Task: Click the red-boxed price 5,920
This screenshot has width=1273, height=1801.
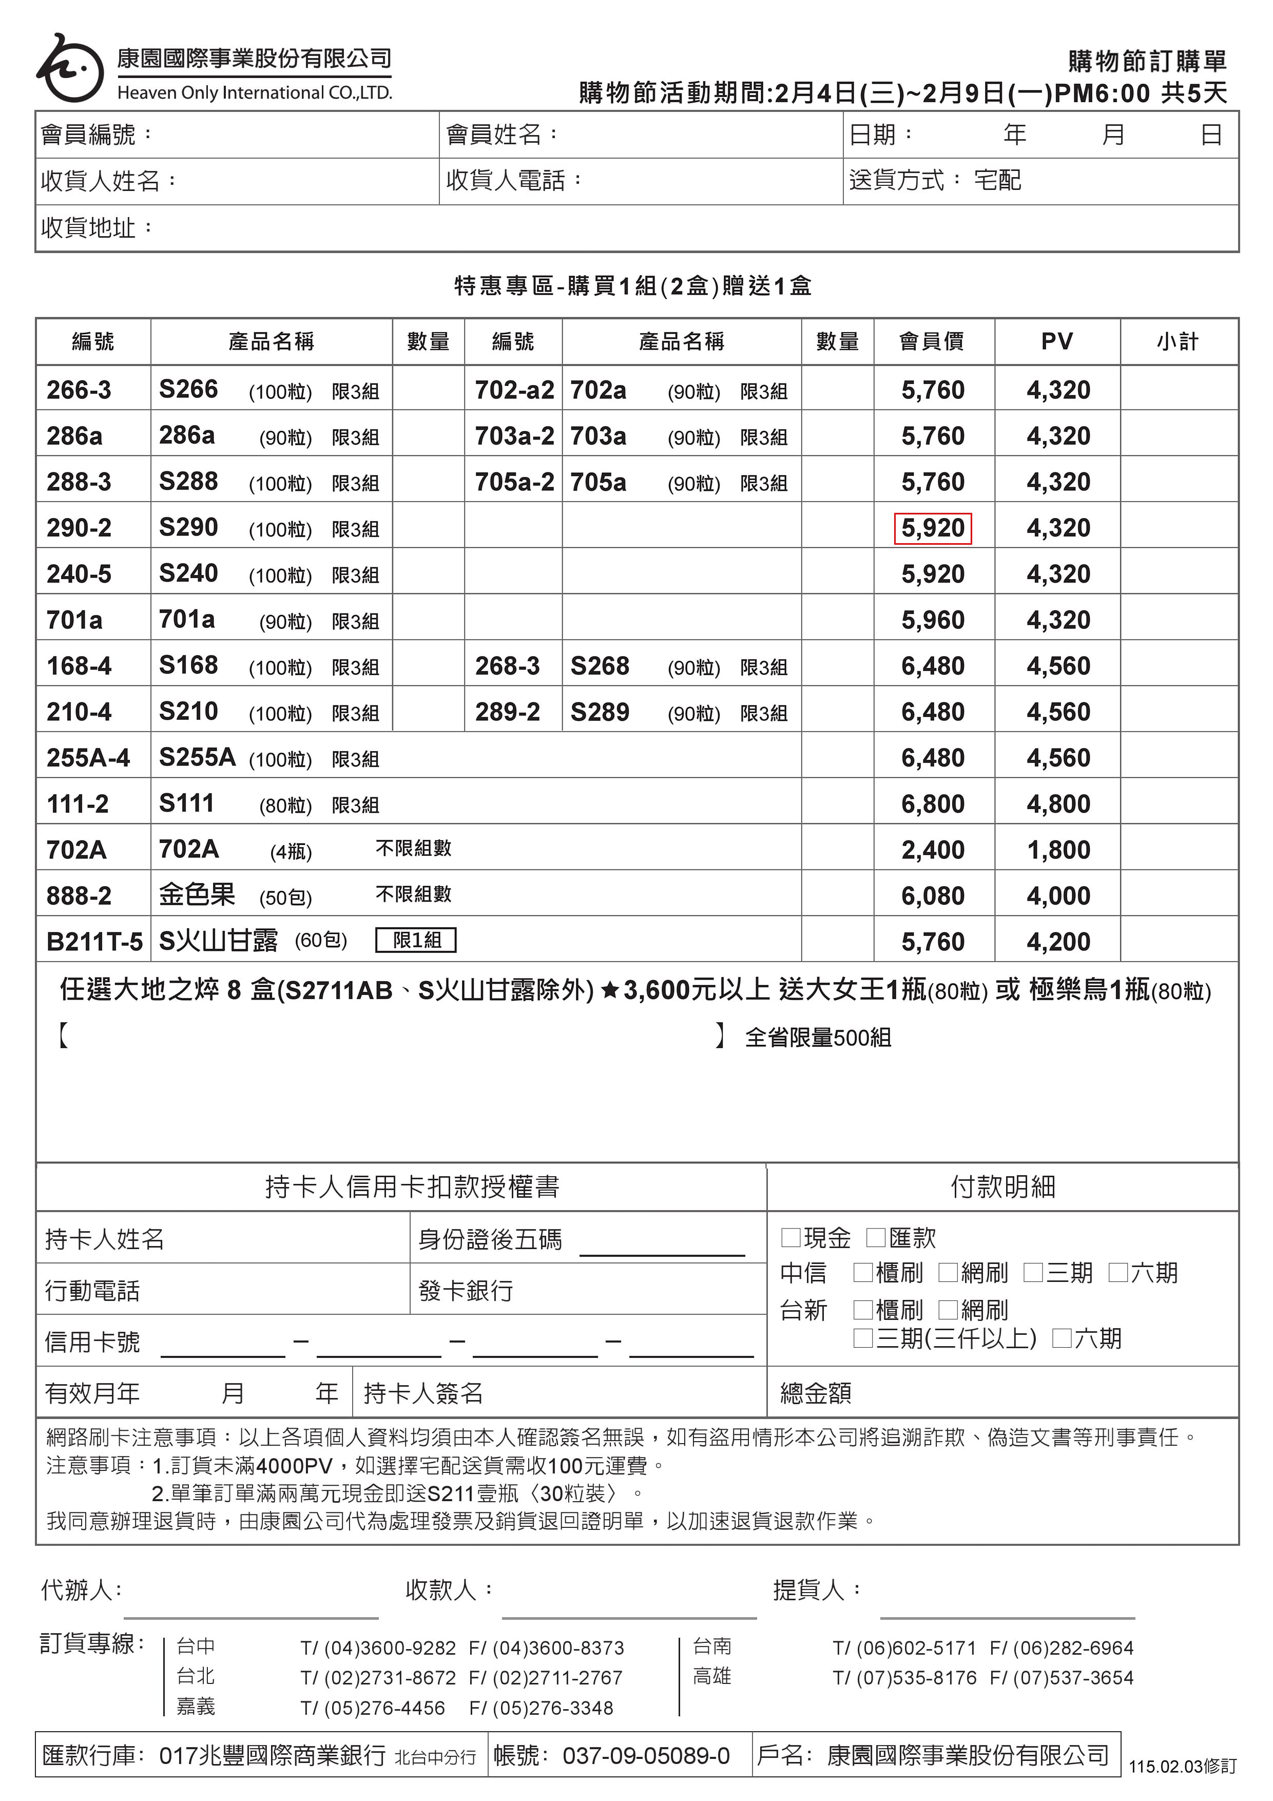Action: point(933,528)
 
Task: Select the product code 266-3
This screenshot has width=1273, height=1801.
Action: point(79,390)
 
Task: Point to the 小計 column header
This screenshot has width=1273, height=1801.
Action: point(1178,341)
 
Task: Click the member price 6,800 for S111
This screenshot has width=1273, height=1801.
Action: point(933,804)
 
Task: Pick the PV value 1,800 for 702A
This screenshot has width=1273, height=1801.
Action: point(1058,850)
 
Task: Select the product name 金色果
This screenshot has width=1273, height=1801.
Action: point(197,895)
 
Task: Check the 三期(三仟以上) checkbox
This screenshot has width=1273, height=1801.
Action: point(863,1338)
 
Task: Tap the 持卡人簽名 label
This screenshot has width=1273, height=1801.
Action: point(423,1393)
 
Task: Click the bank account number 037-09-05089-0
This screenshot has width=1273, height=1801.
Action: point(646,1755)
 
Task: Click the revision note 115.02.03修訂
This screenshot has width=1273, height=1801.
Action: point(1182,1767)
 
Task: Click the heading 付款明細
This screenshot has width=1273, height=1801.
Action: point(1002,1187)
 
